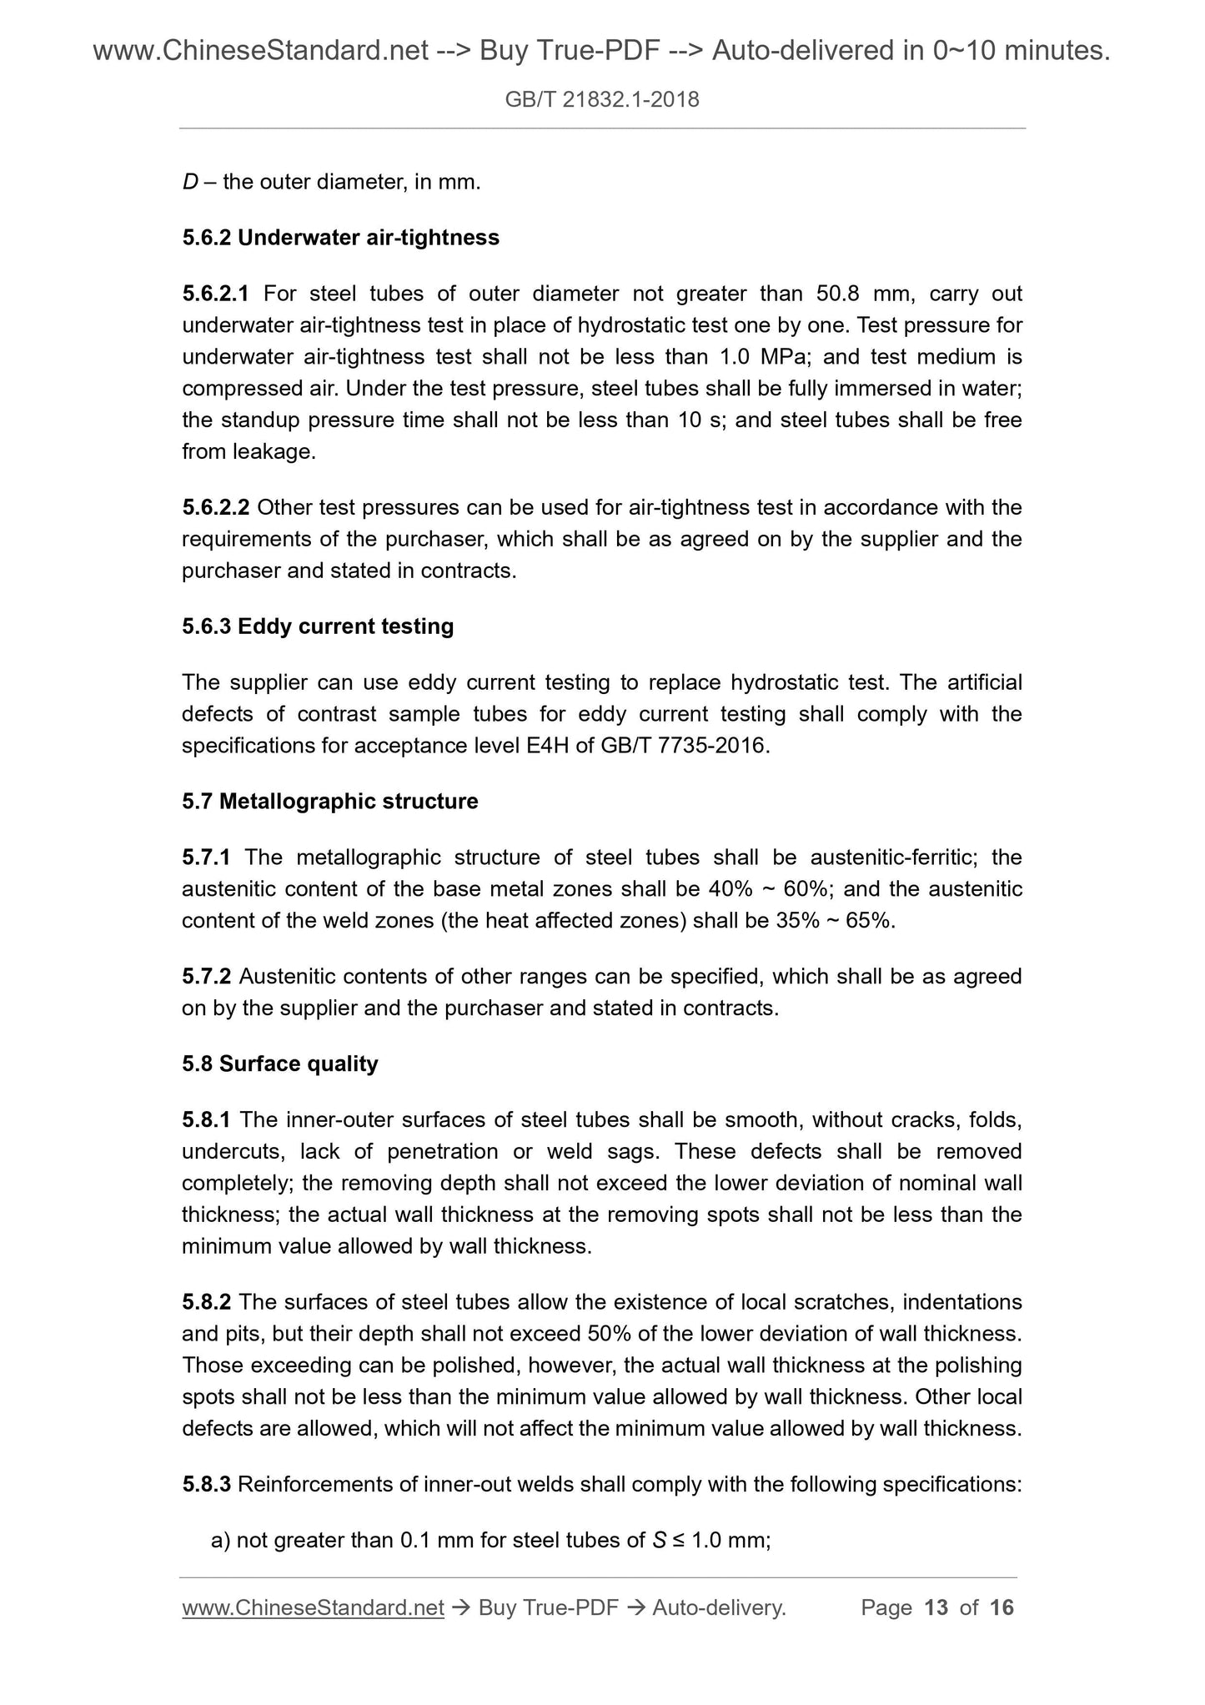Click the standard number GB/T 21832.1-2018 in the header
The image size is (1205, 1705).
602,101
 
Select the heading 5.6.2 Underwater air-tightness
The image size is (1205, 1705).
340,238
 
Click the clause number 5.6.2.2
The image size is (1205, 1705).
215,507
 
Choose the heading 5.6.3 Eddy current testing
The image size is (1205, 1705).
318,626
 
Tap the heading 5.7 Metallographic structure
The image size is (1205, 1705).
330,802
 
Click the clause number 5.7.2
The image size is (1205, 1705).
206,976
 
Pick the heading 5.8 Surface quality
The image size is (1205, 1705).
280,1064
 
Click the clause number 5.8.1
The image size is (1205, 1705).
206,1119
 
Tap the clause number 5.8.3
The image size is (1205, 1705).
206,1485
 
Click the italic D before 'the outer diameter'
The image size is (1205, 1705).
189,182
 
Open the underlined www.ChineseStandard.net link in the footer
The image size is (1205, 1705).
313,1607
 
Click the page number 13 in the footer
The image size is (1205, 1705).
936,1607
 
